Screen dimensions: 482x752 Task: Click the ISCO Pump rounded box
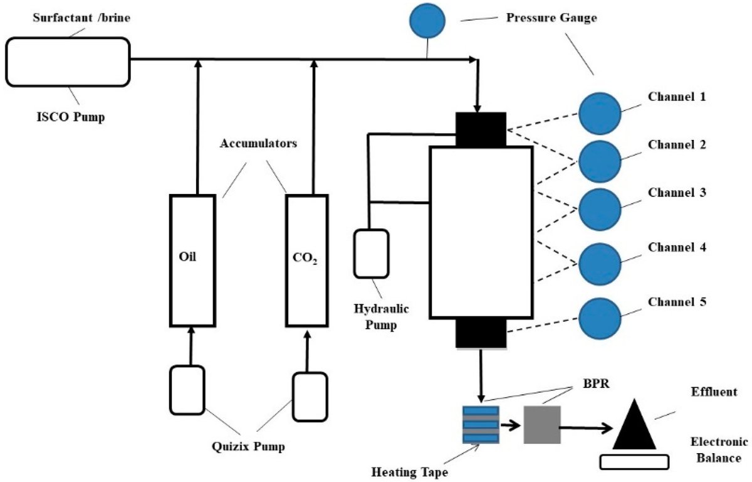coord(68,61)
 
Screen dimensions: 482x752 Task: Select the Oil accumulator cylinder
coord(192,260)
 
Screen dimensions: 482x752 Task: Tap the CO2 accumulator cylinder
coord(307,260)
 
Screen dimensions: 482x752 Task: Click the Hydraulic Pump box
coord(371,254)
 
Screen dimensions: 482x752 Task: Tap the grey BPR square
coord(542,424)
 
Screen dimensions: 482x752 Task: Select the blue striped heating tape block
coord(481,424)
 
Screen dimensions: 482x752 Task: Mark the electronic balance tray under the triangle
coord(634,462)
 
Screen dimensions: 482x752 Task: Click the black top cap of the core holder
coord(481,129)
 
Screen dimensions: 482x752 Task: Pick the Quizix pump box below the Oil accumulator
coord(187,390)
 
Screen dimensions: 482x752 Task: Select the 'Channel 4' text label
coord(677,247)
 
